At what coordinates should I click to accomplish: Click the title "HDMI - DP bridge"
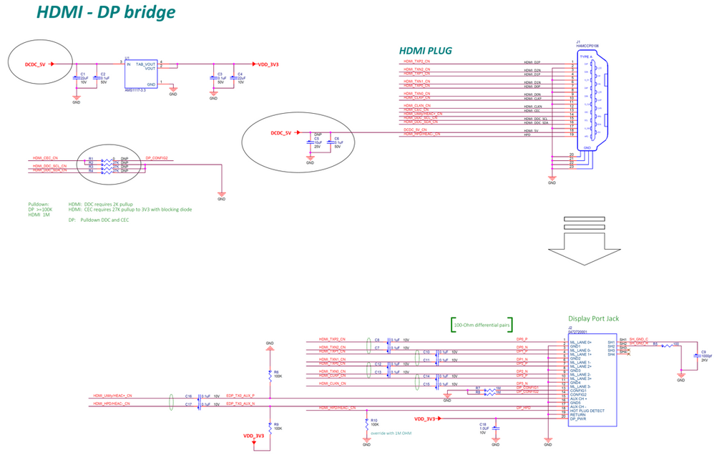click(106, 13)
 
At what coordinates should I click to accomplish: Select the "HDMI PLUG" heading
click(426, 50)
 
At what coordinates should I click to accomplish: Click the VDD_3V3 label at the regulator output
click(268, 64)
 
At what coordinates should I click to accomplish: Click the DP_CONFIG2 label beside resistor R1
click(157, 157)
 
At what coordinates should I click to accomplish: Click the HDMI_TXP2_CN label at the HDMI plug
click(417, 62)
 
